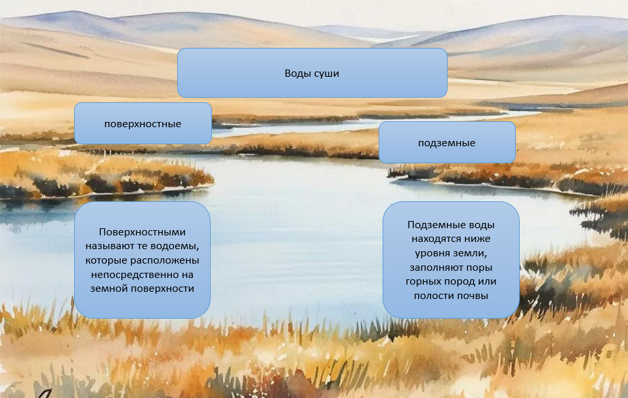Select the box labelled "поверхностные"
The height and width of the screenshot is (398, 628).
[142, 123]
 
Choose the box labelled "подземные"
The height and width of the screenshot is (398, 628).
[446, 142]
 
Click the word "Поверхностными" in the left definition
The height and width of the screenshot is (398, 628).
[142, 231]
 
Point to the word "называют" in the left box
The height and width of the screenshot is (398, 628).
[108, 245]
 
